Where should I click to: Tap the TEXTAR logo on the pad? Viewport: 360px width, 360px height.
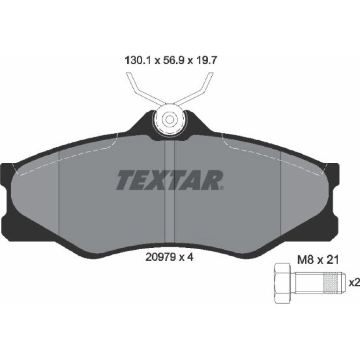[170, 180]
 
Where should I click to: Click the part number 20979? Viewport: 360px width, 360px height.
[161, 257]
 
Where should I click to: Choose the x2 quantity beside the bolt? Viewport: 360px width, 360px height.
[354, 283]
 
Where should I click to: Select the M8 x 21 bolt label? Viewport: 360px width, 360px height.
[318, 260]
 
